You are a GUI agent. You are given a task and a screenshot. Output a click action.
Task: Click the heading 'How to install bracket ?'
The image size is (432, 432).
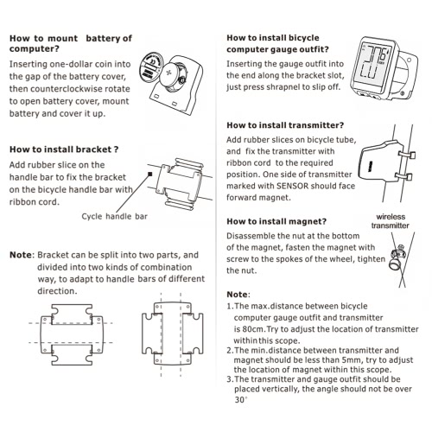64,149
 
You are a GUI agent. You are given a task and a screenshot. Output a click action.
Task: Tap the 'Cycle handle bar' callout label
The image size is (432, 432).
114,216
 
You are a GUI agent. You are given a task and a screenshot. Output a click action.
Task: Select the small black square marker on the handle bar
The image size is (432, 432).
149,174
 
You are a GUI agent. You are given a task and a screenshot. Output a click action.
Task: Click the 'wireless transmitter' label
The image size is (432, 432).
391,221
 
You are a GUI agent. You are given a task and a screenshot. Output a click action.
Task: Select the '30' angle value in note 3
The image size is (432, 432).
239,400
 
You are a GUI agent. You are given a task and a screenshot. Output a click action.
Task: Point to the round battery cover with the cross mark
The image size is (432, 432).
170,73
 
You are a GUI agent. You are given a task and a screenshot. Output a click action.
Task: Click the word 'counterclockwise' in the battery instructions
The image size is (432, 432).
66,89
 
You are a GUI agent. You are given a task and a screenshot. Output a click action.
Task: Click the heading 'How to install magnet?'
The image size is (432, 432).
276,221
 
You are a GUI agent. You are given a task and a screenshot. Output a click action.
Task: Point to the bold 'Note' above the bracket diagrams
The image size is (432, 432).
21,255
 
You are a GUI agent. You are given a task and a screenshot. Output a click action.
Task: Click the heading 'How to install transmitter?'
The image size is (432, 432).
285,125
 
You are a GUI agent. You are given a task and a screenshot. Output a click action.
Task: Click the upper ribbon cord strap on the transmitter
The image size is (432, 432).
407,155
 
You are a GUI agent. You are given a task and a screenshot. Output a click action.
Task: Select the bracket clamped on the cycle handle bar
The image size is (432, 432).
180,182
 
